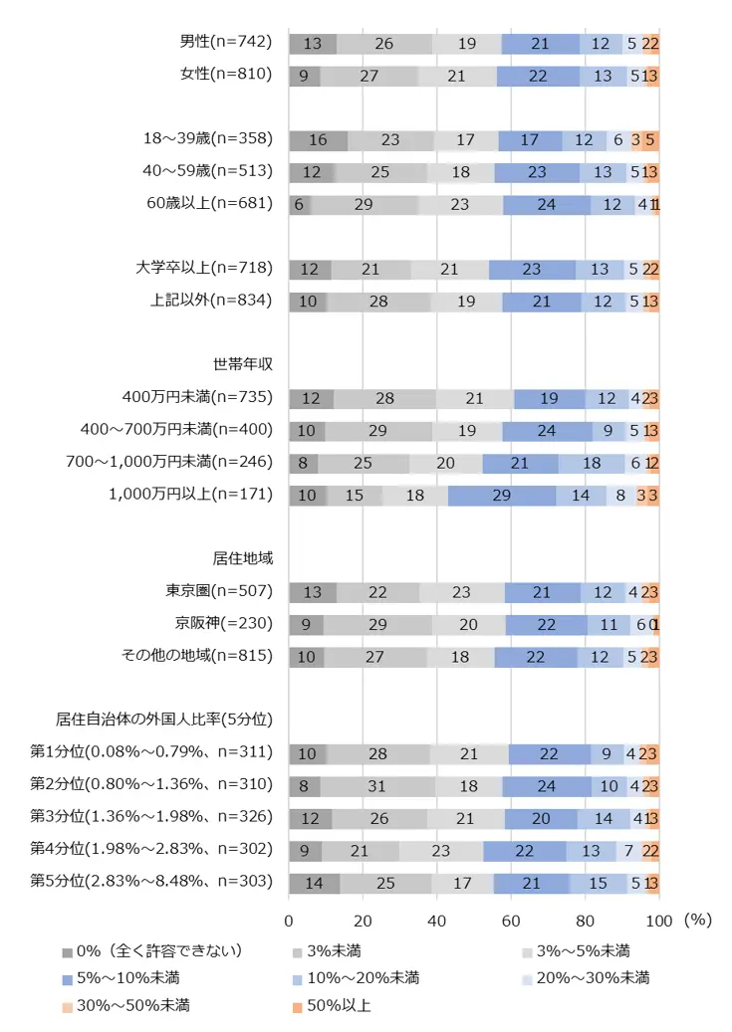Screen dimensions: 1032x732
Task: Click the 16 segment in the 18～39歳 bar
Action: click(x=318, y=140)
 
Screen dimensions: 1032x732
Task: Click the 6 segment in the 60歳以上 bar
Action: click(x=299, y=205)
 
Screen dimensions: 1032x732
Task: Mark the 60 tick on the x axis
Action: click(x=511, y=920)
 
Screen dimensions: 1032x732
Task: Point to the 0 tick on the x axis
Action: click(x=289, y=920)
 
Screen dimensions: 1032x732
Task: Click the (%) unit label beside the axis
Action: click(x=698, y=920)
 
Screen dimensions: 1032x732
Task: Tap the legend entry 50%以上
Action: click(x=340, y=1005)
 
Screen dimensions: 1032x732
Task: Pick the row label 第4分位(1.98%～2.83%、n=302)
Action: click(x=150, y=849)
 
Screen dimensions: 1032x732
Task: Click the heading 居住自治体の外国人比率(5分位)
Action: click(x=164, y=718)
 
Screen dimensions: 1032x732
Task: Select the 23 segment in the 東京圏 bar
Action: click(x=461, y=592)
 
